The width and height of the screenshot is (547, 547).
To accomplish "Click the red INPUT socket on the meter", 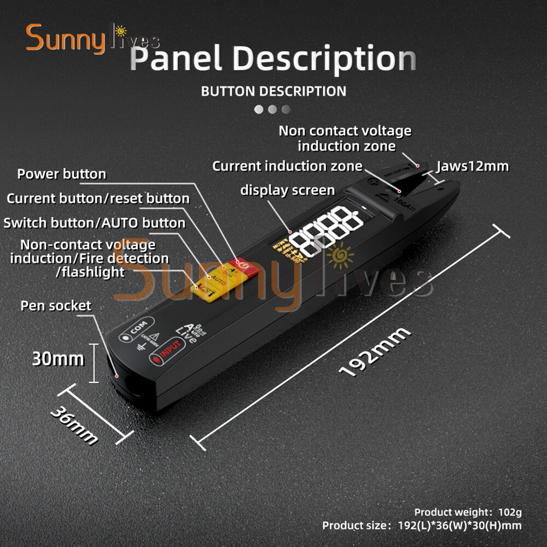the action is point(166,358).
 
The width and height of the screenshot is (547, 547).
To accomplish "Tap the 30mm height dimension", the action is point(58,359).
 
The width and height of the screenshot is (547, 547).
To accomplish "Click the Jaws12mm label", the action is point(473,166).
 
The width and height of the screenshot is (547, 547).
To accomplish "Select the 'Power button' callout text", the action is point(62,174).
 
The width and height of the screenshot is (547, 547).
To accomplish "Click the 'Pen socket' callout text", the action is point(56,305).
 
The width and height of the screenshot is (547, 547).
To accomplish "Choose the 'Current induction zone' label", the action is point(287,166).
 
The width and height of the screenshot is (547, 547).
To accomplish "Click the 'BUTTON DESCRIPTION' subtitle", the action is point(273,91).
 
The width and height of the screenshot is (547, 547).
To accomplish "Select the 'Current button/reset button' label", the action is point(98,199).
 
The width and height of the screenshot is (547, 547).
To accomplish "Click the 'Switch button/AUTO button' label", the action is point(95,223).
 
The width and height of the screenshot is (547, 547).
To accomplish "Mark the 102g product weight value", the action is point(510,513).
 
